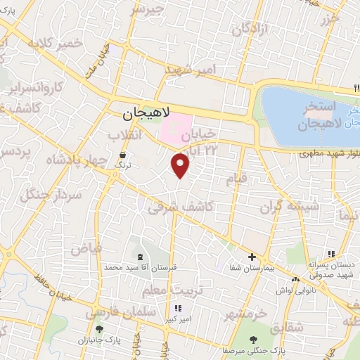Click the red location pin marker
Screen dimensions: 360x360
(181, 165)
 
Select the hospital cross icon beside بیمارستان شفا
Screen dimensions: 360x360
(252, 257)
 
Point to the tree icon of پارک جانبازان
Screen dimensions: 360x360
(98, 328)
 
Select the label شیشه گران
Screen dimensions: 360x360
(290, 207)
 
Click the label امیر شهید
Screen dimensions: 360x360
(193, 71)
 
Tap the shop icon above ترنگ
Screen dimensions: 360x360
(124, 155)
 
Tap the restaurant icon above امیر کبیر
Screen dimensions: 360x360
(177, 308)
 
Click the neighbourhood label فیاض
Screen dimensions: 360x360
(86, 247)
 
